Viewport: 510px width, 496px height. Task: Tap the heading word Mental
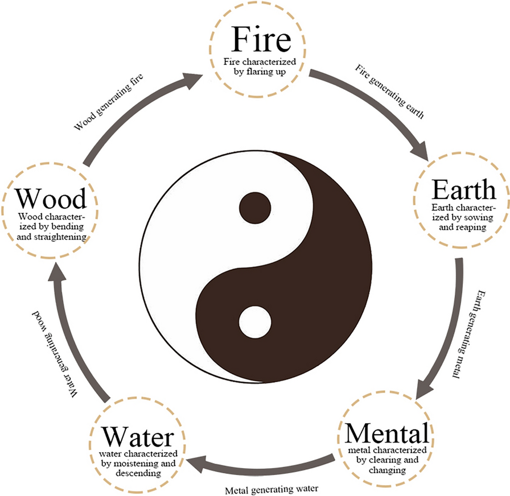pos(386,435)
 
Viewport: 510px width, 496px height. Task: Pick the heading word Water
pos(137,438)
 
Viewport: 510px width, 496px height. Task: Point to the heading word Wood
pos(51,199)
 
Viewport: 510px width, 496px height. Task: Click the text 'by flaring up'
pos(261,73)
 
